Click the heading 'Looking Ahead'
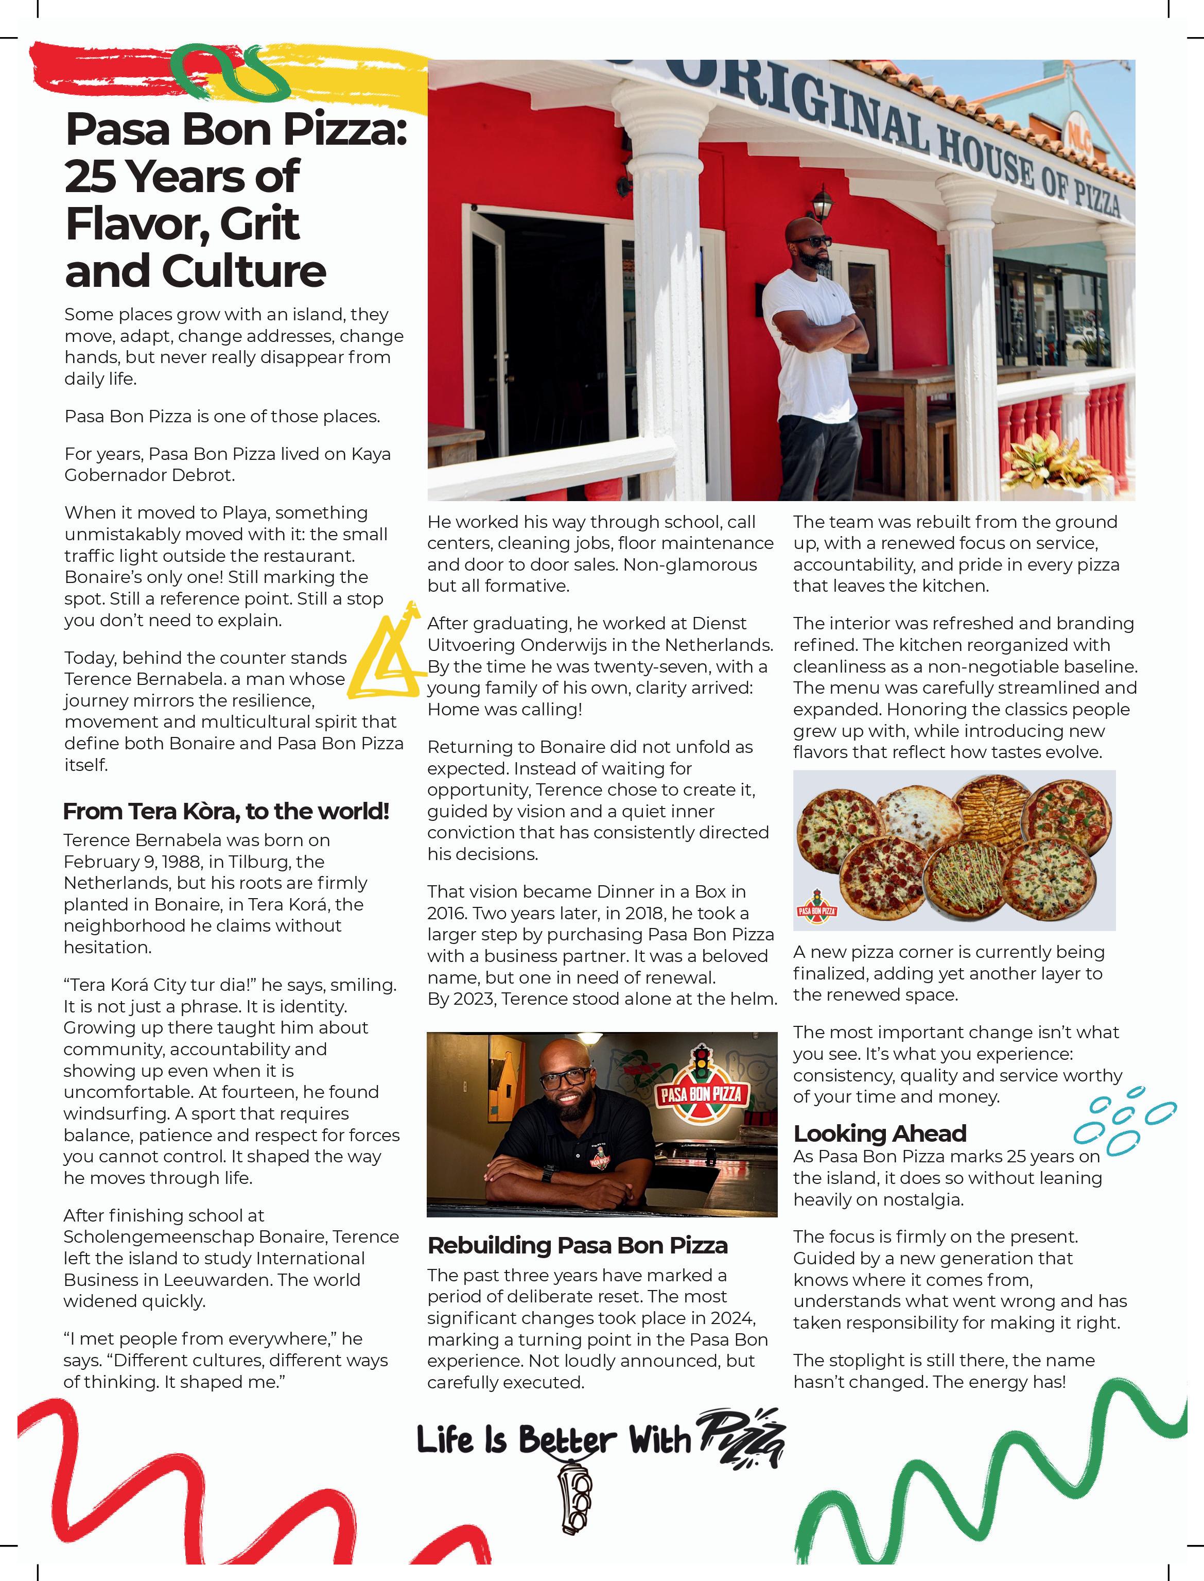879,1133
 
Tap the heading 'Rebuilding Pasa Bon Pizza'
577,1245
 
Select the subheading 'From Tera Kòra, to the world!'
226,811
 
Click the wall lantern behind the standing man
823,203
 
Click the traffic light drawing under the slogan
577,1494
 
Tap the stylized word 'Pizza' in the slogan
742,1436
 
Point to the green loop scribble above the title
230,72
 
